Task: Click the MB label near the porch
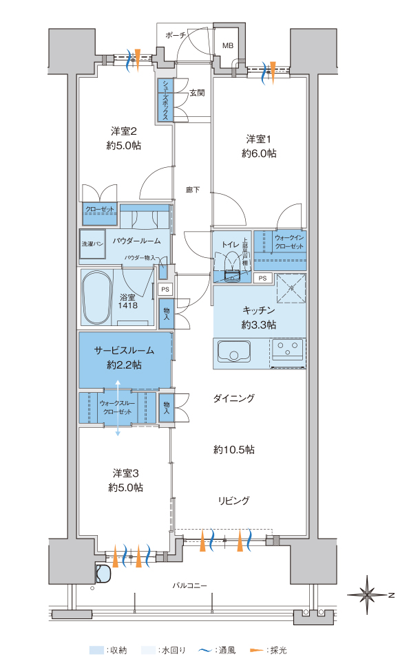pos(227,45)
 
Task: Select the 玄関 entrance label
pos(196,92)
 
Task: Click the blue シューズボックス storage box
pos(165,100)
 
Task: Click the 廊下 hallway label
pos(193,190)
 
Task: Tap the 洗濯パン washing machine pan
pos(92,243)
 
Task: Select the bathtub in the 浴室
pos(96,297)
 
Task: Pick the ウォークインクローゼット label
pos(280,241)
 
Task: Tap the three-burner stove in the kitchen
pos(288,351)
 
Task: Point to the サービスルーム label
pos(125,349)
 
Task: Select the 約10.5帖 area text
pos(233,450)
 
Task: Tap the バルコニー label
pos(190,585)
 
